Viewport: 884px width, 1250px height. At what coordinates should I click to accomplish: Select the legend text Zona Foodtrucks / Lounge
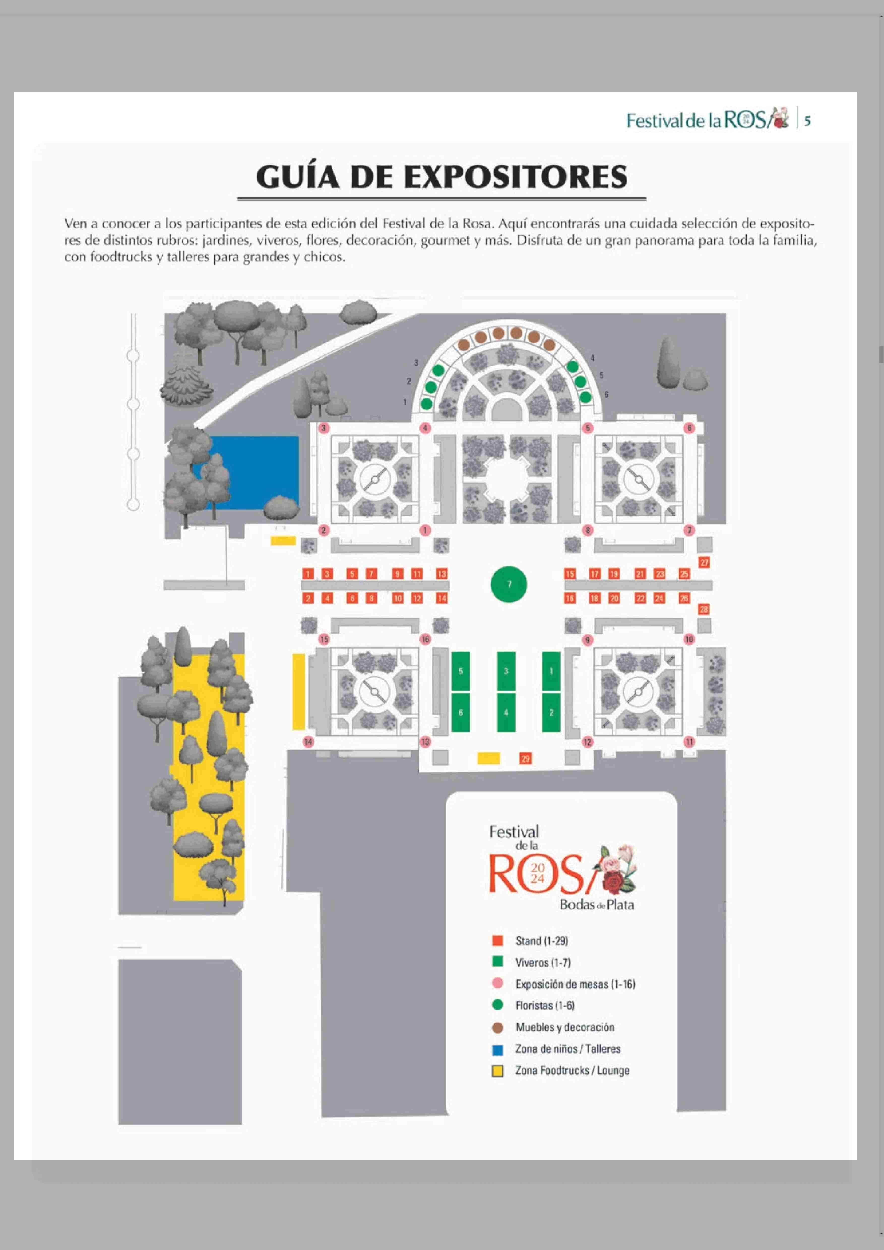[572, 1070]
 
